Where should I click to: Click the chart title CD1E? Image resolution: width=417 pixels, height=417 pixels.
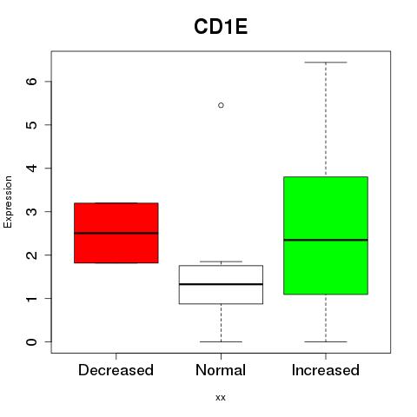pyautogui.click(x=221, y=27)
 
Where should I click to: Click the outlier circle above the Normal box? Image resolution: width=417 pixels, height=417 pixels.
pyautogui.click(x=221, y=105)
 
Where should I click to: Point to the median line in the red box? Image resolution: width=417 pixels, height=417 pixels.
pyautogui.click(x=116, y=233)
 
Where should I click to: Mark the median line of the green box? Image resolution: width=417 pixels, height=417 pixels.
pyautogui.click(x=326, y=240)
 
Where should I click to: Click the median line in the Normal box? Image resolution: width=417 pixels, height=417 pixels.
pyautogui.click(x=221, y=284)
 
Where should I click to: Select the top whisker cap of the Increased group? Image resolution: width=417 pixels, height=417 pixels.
pyautogui.click(x=326, y=63)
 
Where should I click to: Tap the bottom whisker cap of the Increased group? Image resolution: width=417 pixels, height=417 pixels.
pyautogui.click(x=326, y=341)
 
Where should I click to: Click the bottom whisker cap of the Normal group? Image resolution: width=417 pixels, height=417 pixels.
pyautogui.click(x=221, y=341)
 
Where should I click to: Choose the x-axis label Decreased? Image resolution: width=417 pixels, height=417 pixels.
pyautogui.click(x=116, y=370)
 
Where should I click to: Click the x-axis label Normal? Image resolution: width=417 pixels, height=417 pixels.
pyautogui.click(x=221, y=370)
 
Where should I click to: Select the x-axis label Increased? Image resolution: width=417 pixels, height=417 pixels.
pyautogui.click(x=326, y=370)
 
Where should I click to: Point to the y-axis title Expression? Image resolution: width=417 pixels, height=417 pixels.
pyautogui.click(x=8, y=202)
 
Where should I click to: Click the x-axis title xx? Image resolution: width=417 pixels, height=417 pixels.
pyautogui.click(x=221, y=398)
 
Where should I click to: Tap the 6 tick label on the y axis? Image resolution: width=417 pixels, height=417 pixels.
pyautogui.click(x=32, y=82)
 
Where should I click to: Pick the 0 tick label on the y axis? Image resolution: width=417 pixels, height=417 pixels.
pyautogui.click(x=32, y=341)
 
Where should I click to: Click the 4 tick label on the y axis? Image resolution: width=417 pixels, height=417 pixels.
pyautogui.click(x=32, y=168)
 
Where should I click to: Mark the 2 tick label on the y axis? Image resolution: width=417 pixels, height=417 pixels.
pyautogui.click(x=32, y=255)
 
